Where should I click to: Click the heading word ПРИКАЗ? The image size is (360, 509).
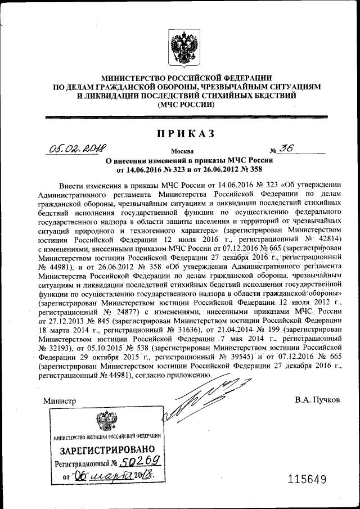pyautogui.click(x=186, y=133)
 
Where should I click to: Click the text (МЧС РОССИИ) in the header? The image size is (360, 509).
pyautogui.click(x=186, y=105)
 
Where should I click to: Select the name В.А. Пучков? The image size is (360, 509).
pyautogui.click(x=317, y=400)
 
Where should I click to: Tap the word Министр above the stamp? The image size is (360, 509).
pyautogui.click(x=59, y=400)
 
